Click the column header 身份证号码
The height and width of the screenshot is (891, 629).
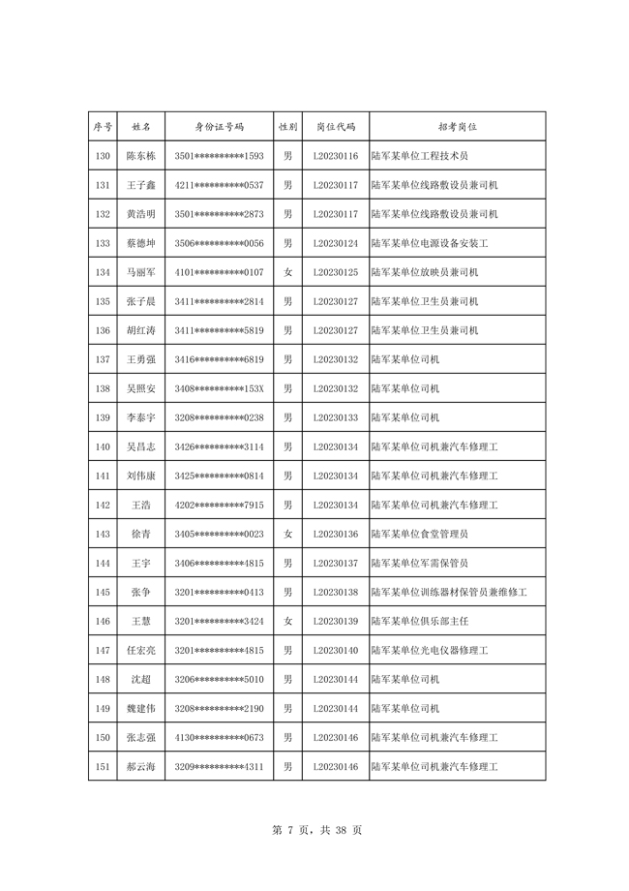click(x=220, y=127)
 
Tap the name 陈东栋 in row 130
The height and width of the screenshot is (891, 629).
click(x=141, y=156)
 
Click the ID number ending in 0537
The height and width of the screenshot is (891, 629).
click(x=220, y=185)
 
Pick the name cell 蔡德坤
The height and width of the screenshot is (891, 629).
click(x=141, y=243)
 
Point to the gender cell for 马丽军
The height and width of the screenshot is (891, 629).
click(x=287, y=272)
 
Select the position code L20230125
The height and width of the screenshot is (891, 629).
click(x=336, y=272)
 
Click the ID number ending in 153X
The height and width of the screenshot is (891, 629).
click(x=220, y=388)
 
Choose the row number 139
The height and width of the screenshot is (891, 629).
click(x=103, y=417)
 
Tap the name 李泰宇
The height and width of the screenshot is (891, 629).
click(x=141, y=417)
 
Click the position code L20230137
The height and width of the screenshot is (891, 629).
click(x=336, y=563)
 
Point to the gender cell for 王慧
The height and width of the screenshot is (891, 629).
click(x=287, y=621)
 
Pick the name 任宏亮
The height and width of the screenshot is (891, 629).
click(x=141, y=650)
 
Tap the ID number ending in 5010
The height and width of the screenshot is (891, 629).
click(x=220, y=679)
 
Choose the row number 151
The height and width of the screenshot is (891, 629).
click(x=103, y=766)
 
